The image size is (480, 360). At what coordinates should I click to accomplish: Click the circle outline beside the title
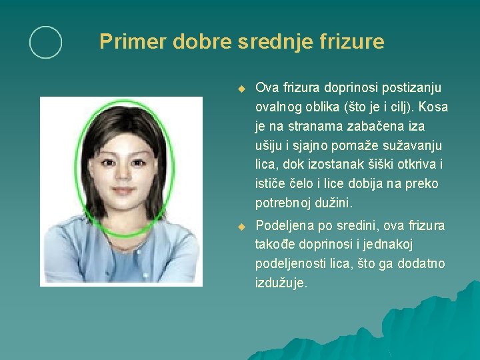tap(45, 43)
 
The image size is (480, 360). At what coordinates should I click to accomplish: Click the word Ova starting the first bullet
tap(267, 88)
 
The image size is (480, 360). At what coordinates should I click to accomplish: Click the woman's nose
tap(123, 173)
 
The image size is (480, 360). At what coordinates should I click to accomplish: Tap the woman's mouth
tap(123, 191)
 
